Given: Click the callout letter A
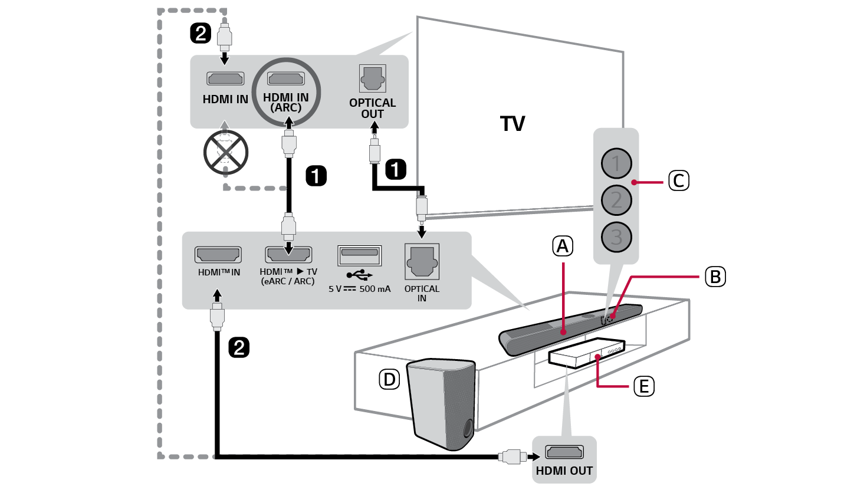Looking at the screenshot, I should (x=563, y=246).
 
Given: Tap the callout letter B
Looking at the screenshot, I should (x=715, y=277).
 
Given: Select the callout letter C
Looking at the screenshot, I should (x=678, y=180).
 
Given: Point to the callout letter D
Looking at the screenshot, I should (x=389, y=379).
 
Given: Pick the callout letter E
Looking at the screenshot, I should (x=643, y=387).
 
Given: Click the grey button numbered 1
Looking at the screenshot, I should (x=616, y=163).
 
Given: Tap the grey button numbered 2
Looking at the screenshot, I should (x=616, y=200).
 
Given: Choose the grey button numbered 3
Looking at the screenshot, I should (x=616, y=237).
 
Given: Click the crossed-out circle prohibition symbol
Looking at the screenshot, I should (x=225, y=152).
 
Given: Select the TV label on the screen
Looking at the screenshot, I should (x=513, y=124).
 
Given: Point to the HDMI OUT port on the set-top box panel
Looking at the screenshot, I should (x=564, y=453).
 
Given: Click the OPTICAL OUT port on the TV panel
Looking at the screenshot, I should (x=372, y=78).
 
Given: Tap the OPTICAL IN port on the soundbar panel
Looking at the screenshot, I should (x=422, y=261).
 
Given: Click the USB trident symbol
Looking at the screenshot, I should (x=359, y=275).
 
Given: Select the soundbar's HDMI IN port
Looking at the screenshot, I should (x=218, y=255).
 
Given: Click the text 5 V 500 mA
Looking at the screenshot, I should (x=359, y=289).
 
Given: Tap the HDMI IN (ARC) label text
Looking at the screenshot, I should (x=286, y=102).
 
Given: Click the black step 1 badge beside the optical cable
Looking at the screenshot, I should (x=395, y=169).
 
